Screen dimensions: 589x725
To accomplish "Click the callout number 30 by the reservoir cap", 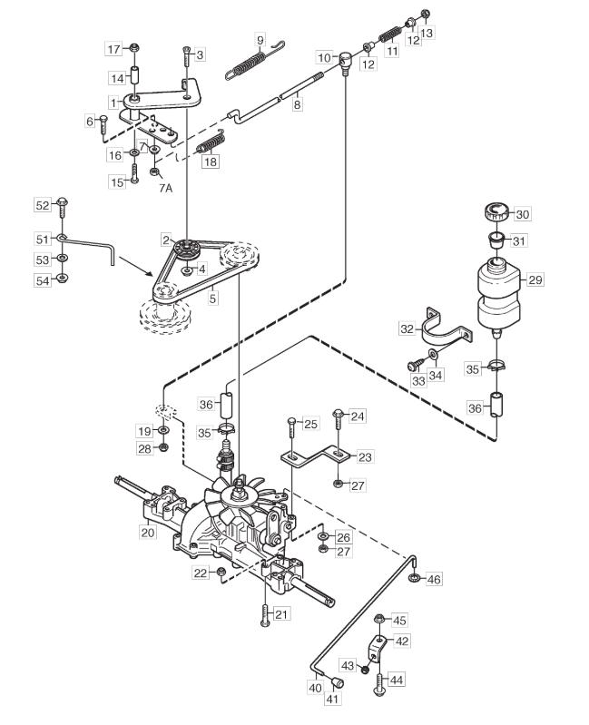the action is pyautogui.click(x=523, y=214).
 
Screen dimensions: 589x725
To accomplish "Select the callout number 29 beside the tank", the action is pyautogui.click(x=535, y=279).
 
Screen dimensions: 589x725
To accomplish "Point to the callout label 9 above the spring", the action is pyautogui.click(x=260, y=40).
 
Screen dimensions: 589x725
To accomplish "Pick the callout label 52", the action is pyautogui.click(x=42, y=205).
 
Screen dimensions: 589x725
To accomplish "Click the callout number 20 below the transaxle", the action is pyautogui.click(x=148, y=533).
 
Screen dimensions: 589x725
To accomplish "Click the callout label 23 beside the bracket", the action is pyautogui.click(x=365, y=456).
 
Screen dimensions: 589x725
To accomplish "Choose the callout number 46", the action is pyautogui.click(x=434, y=578).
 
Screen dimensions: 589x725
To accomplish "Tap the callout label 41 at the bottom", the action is pyautogui.click(x=332, y=699).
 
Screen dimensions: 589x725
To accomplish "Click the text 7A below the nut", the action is pyautogui.click(x=165, y=188).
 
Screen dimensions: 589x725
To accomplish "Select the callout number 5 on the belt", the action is pyautogui.click(x=212, y=299).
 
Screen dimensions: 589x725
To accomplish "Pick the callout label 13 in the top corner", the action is pyautogui.click(x=427, y=33).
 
